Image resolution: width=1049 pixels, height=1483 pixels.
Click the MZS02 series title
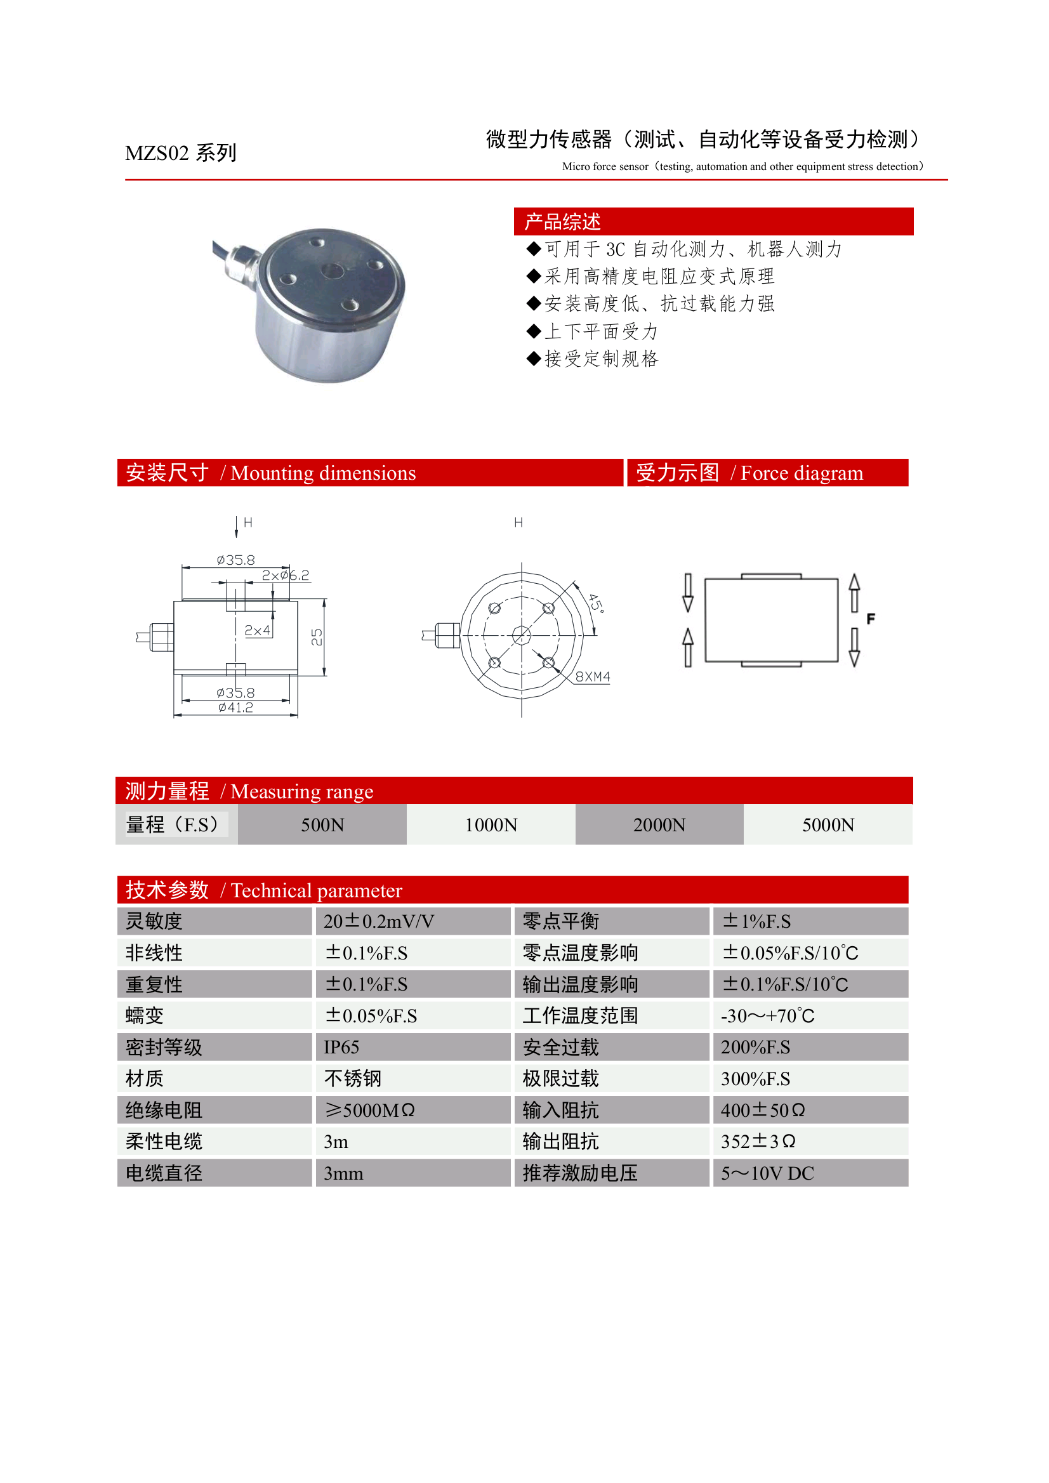coord(180,153)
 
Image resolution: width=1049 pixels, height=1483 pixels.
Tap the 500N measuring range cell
coord(322,825)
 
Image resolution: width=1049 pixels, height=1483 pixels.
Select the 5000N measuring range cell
coord(828,825)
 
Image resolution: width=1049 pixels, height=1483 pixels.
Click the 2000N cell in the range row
coord(659,825)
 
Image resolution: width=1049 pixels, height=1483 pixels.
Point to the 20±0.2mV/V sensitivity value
coord(378,921)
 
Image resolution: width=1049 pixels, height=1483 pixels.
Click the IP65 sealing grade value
coord(341,1047)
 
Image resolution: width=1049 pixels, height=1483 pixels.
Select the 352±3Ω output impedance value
coord(758,1142)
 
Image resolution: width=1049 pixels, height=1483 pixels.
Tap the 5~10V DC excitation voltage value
coord(767,1173)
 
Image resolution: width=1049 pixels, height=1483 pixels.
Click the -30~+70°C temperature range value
coord(767,1016)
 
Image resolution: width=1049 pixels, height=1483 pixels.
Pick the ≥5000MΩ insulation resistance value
coord(369,1111)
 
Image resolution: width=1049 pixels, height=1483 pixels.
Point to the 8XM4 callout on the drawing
coord(592,677)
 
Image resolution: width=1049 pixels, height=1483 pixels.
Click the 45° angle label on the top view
coord(595,603)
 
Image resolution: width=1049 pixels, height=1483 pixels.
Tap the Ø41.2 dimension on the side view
coord(236,708)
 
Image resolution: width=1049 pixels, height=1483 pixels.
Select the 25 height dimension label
coord(317,637)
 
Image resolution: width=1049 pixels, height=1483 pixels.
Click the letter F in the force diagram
coord(871,619)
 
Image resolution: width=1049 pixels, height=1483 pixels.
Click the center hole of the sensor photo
coord(333,270)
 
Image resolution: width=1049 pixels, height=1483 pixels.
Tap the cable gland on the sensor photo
coord(242,261)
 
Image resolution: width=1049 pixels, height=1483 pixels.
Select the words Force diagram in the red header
coord(802,473)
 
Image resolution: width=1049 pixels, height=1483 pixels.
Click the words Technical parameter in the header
coord(317,891)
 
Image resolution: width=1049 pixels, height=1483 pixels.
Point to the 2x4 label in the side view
coord(257,630)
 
